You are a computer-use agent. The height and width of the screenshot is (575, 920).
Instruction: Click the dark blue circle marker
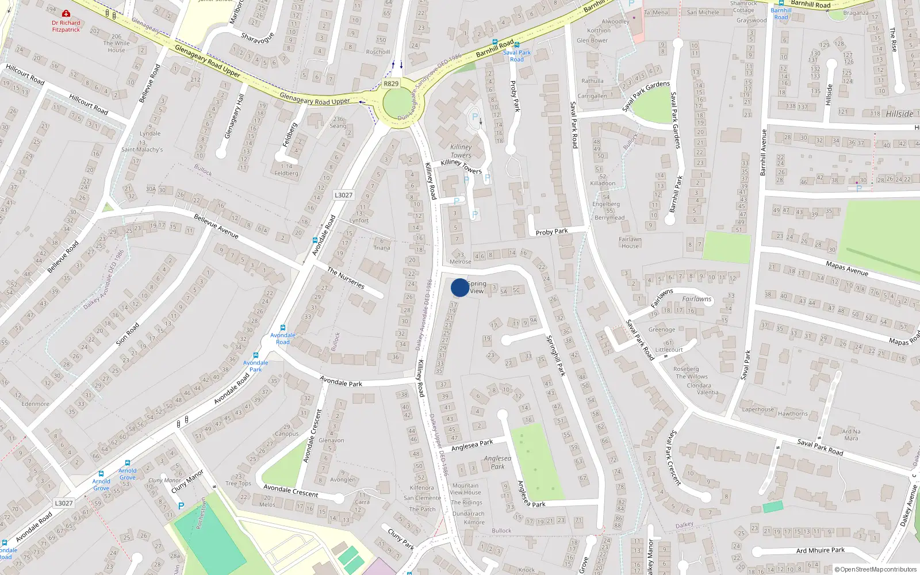click(460, 287)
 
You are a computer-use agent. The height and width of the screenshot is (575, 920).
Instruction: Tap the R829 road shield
click(391, 83)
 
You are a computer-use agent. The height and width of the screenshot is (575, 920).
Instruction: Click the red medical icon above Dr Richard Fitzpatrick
click(66, 13)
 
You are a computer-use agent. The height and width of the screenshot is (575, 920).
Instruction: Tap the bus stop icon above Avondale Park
click(256, 355)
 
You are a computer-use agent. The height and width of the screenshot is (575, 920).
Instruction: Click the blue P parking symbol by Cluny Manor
click(181, 506)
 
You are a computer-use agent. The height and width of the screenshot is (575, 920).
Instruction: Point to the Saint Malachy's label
click(142, 149)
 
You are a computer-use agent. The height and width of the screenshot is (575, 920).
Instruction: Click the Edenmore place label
click(35, 404)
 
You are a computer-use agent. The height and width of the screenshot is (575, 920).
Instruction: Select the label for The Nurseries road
click(346, 278)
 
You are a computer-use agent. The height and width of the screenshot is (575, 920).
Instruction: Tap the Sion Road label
click(128, 334)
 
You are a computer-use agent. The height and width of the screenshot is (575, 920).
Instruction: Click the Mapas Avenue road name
click(846, 268)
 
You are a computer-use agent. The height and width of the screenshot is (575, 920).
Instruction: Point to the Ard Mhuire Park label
click(821, 550)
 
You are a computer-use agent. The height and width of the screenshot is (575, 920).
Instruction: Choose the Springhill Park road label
click(556, 355)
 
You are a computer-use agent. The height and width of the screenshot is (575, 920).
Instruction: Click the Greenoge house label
click(662, 329)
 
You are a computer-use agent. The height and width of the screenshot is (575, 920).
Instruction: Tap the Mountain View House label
click(465, 489)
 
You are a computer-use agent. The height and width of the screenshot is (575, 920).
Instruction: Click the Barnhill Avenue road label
click(763, 152)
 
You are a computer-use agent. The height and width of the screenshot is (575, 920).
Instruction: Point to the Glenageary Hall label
click(234, 116)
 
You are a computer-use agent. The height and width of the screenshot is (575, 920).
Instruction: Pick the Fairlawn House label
click(630, 243)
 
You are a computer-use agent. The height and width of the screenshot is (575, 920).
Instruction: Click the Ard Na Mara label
click(851, 435)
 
